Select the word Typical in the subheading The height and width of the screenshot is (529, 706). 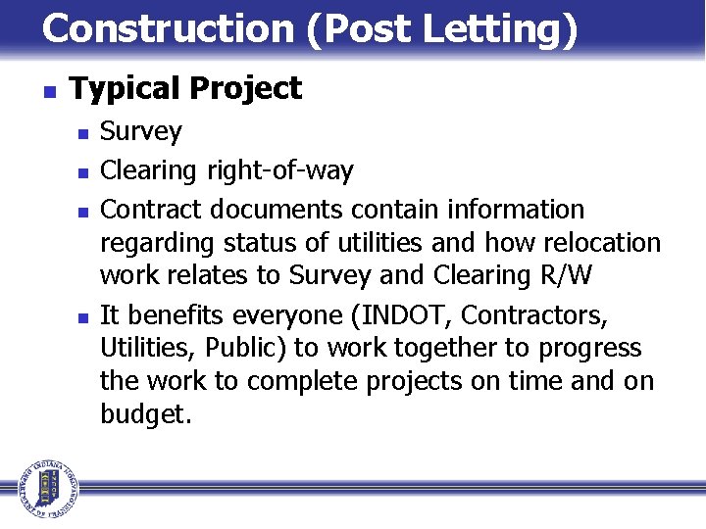click(125, 89)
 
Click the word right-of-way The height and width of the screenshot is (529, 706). click(279, 170)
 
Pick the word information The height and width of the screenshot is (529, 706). click(516, 210)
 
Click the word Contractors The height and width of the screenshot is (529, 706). click(534, 315)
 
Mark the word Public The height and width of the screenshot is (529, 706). click(247, 349)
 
